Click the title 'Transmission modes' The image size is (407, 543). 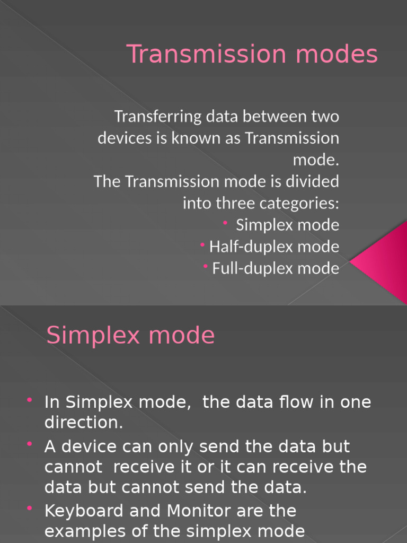252,55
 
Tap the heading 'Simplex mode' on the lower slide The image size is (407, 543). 130,336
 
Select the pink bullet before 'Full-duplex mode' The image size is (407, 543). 205,266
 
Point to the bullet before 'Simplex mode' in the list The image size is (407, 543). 225,223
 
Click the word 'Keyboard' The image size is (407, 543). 84,511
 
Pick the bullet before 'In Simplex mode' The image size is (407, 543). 30,399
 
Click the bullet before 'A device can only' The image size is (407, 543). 30,443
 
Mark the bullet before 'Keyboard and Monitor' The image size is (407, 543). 30,509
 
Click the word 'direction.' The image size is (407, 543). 83,423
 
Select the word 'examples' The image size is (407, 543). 85,531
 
